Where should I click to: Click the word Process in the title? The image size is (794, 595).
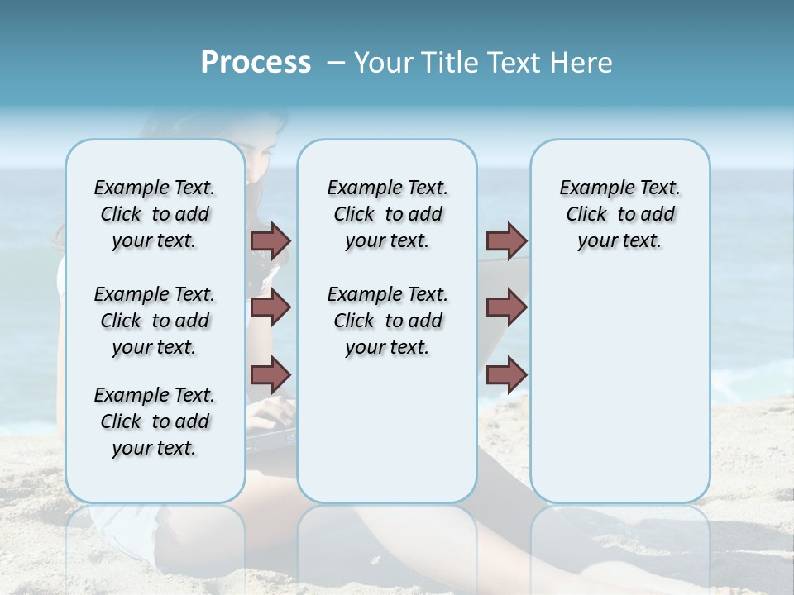tap(256, 63)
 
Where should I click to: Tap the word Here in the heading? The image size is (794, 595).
tap(583, 63)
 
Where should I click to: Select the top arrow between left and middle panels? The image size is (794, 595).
tap(270, 240)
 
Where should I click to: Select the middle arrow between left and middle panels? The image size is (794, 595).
tap(270, 307)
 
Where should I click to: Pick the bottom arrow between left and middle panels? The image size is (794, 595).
tap(270, 374)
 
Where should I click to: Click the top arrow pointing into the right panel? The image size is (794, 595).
tap(506, 240)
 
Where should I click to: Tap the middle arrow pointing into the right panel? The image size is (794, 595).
tap(506, 307)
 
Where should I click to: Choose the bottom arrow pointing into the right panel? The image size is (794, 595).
tap(506, 375)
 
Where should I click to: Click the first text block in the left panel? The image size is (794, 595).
tap(155, 214)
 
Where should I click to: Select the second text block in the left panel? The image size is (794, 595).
tap(155, 321)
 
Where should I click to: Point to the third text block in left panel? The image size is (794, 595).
tap(155, 421)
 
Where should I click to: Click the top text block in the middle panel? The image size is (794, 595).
tap(387, 214)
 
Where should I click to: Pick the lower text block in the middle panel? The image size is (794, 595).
tap(387, 321)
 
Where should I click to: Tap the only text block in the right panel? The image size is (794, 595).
tap(619, 214)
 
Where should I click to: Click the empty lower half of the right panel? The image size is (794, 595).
tap(619, 397)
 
